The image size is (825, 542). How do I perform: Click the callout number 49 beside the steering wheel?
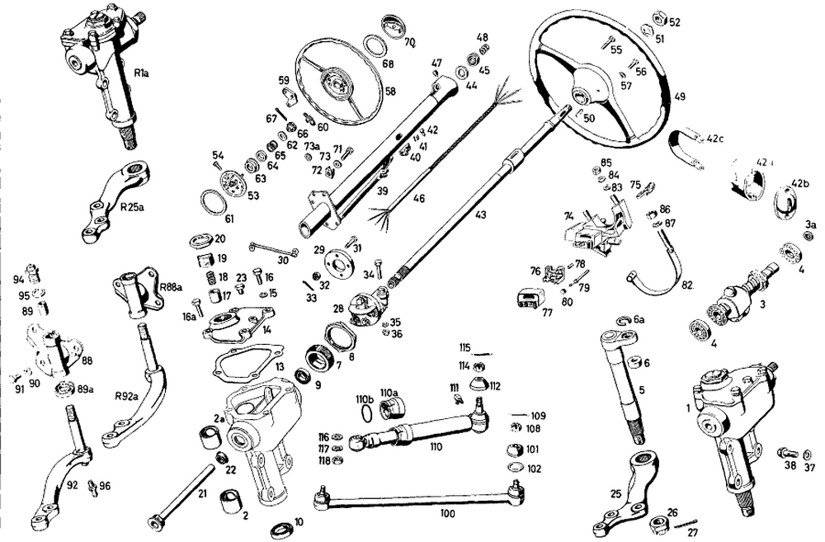[680, 96]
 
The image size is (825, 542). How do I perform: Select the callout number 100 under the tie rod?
[447, 513]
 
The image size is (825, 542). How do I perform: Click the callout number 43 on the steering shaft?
[480, 214]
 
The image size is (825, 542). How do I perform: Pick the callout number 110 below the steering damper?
[435, 447]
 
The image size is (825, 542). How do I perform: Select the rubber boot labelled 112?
[476, 384]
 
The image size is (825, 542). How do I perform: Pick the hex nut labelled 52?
[658, 17]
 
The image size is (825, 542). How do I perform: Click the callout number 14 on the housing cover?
[266, 330]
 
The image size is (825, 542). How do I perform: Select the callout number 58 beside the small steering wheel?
[390, 91]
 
